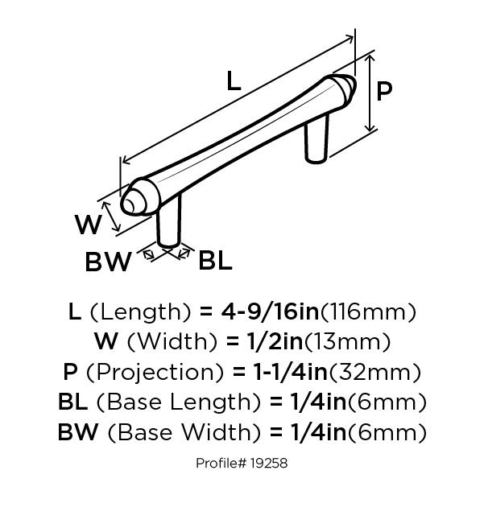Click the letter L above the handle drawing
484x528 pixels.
[233, 80]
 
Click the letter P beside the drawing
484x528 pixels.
[385, 91]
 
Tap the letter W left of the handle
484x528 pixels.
[88, 225]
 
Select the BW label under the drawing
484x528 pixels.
[109, 262]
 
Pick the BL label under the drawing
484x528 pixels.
[215, 260]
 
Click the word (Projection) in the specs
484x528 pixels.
[154, 372]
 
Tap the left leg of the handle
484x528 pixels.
[169, 225]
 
